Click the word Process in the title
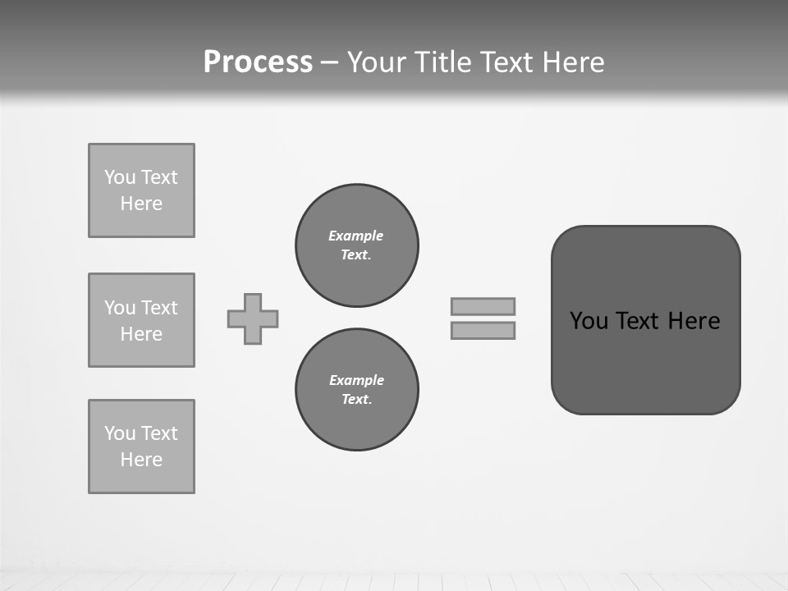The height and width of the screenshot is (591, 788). pos(258,62)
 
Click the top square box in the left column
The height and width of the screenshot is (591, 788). pos(141,190)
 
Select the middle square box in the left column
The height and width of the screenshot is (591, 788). pos(141,320)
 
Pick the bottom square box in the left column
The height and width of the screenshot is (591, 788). pos(141,447)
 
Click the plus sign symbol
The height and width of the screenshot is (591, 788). pos(253,318)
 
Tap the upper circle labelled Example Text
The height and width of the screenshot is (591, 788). pos(356,245)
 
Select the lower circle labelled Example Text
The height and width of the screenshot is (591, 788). pos(356,390)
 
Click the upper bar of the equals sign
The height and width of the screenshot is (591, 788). pos(483,306)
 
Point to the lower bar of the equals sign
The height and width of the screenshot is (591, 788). pos(483,330)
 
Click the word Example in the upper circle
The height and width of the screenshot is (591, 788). pos(356,236)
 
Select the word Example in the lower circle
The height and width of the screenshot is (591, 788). pos(356,380)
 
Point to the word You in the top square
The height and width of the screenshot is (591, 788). pos(120,177)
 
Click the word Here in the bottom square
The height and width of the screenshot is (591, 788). pos(141,460)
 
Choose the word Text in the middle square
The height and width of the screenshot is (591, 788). pos(158,308)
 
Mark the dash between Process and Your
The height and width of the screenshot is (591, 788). pos(329,62)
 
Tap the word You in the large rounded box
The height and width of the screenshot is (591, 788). pos(589,321)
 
